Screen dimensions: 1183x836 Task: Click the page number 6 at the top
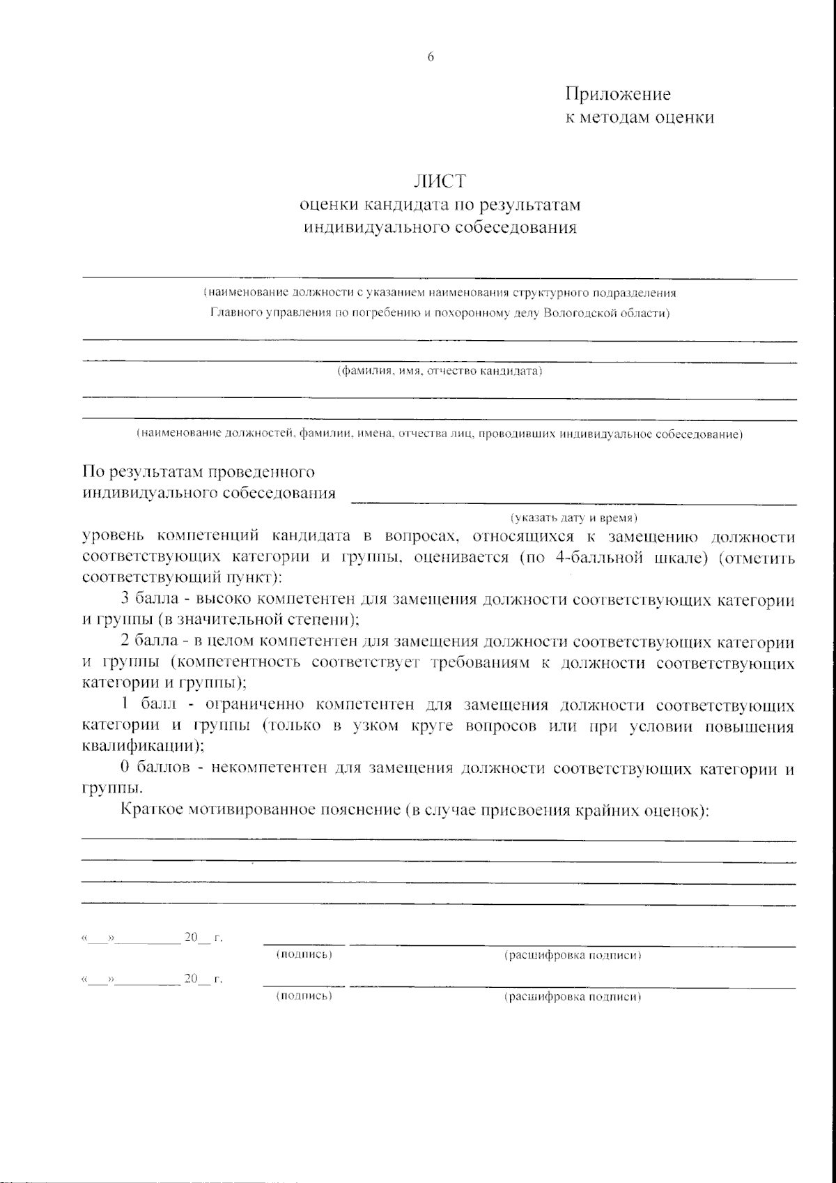click(431, 57)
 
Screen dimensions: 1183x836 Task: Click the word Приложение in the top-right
click(617, 94)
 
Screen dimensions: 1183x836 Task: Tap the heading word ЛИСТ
click(440, 181)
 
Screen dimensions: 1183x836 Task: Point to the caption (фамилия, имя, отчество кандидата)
click(440, 372)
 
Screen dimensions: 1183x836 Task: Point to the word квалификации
click(141, 746)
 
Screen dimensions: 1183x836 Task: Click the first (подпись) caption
click(304, 954)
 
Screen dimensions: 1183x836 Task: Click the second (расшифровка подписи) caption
click(573, 997)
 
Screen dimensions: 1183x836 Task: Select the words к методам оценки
click(639, 118)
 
